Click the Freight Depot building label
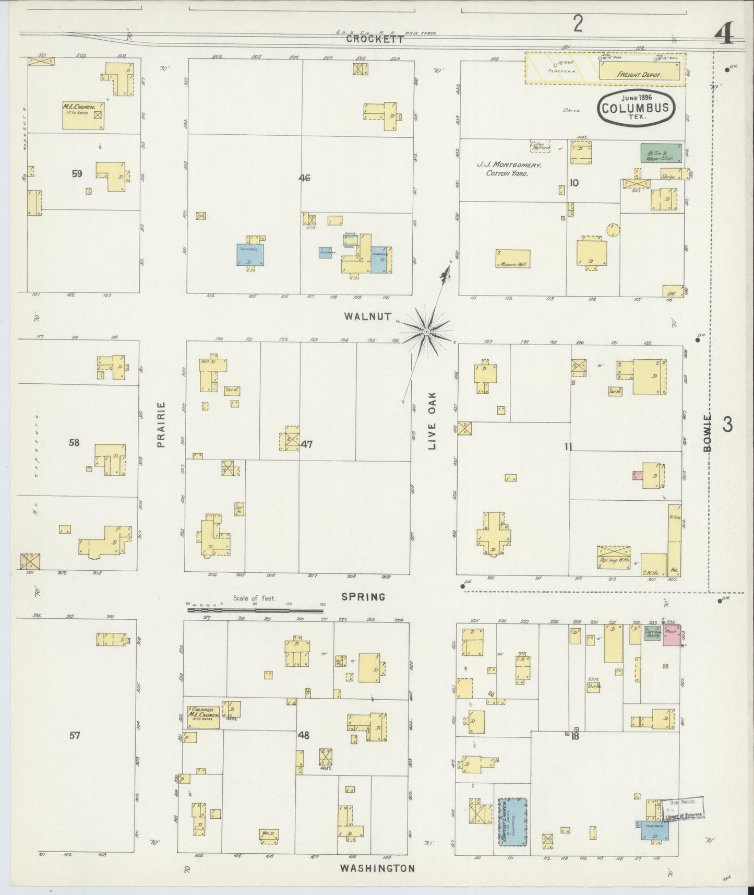[x=639, y=75]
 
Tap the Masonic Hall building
[x=512, y=259]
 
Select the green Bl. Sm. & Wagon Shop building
[x=661, y=153]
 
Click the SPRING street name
[x=363, y=597]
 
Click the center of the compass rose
[x=426, y=332]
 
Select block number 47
[x=306, y=444]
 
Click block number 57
[x=75, y=735]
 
